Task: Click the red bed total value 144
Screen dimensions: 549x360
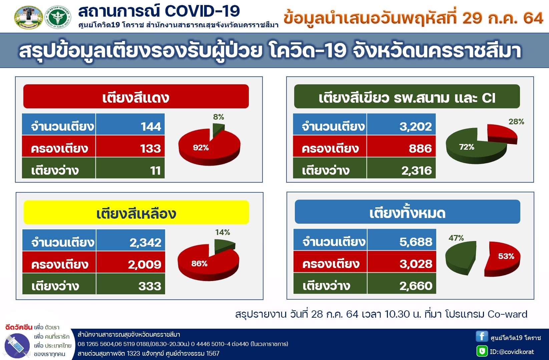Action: click(151, 126)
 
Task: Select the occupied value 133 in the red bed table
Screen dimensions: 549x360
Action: click(150, 148)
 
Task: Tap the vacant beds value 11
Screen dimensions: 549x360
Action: click(155, 170)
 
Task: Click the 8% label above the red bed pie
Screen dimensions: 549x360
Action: click(218, 117)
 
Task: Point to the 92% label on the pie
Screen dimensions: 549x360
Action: click(201, 147)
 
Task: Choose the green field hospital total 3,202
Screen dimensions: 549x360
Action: click(416, 126)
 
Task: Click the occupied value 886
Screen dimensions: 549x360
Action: click(420, 148)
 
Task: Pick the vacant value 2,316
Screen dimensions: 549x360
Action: click(416, 170)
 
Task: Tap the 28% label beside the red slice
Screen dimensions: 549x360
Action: click(516, 121)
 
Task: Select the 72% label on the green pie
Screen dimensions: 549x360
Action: click(467, 147)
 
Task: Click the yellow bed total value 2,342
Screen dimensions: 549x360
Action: click(145, 242)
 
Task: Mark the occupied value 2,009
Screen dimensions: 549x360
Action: click(145, 264)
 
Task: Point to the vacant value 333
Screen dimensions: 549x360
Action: click(150, 286)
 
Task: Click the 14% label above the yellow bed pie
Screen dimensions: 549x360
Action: click(222, 232)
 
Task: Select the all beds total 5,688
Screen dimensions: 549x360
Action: click(416, 242)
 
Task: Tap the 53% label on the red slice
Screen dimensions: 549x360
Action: click(506, 256)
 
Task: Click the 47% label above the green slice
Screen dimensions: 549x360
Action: click(456, 238)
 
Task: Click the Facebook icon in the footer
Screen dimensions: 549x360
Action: click(482, 336)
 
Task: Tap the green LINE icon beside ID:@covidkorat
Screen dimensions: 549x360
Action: click(482, 351)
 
